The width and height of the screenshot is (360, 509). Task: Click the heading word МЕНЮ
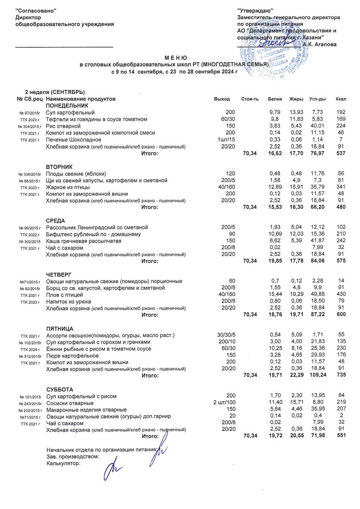coord(176,57)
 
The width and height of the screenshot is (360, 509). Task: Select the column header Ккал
coord(340,99)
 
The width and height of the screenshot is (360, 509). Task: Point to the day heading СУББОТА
coord(59,389)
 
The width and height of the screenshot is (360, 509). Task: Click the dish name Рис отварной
coord(63,126)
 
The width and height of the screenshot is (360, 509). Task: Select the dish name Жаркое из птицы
coord(67,187)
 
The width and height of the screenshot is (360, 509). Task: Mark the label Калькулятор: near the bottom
coord(63,464)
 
